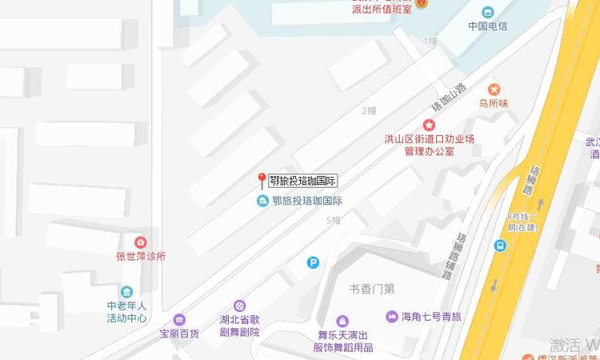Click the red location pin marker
pyautogui.click(x=261, y=179)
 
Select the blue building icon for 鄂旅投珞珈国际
pyautogui.click(x=262, y=201)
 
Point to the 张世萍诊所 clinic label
pyautogui.click(x=140, y=257)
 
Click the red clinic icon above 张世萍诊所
pyautogui.click(x=140, y=242)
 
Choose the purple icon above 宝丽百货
pyautogui.click(x=178, y=319)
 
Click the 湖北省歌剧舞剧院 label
pyautogui.click(x=240, y=326)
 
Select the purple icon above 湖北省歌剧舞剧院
pyautogui.click(x=240, y=306)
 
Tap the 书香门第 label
pyautogui.click(x=372, y=289)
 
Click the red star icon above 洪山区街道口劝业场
pyautogui.click(x=429, y=125)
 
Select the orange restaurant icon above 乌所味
pyautogui.click(x=494, y=89)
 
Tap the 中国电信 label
pyautogui.click(x=488, y=26)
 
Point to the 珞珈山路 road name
pyautogui.click(x=448, y=97)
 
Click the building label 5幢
pyautogui.click(x=334, y=220)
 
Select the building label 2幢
pyautogui.click(x=368, y=110)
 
